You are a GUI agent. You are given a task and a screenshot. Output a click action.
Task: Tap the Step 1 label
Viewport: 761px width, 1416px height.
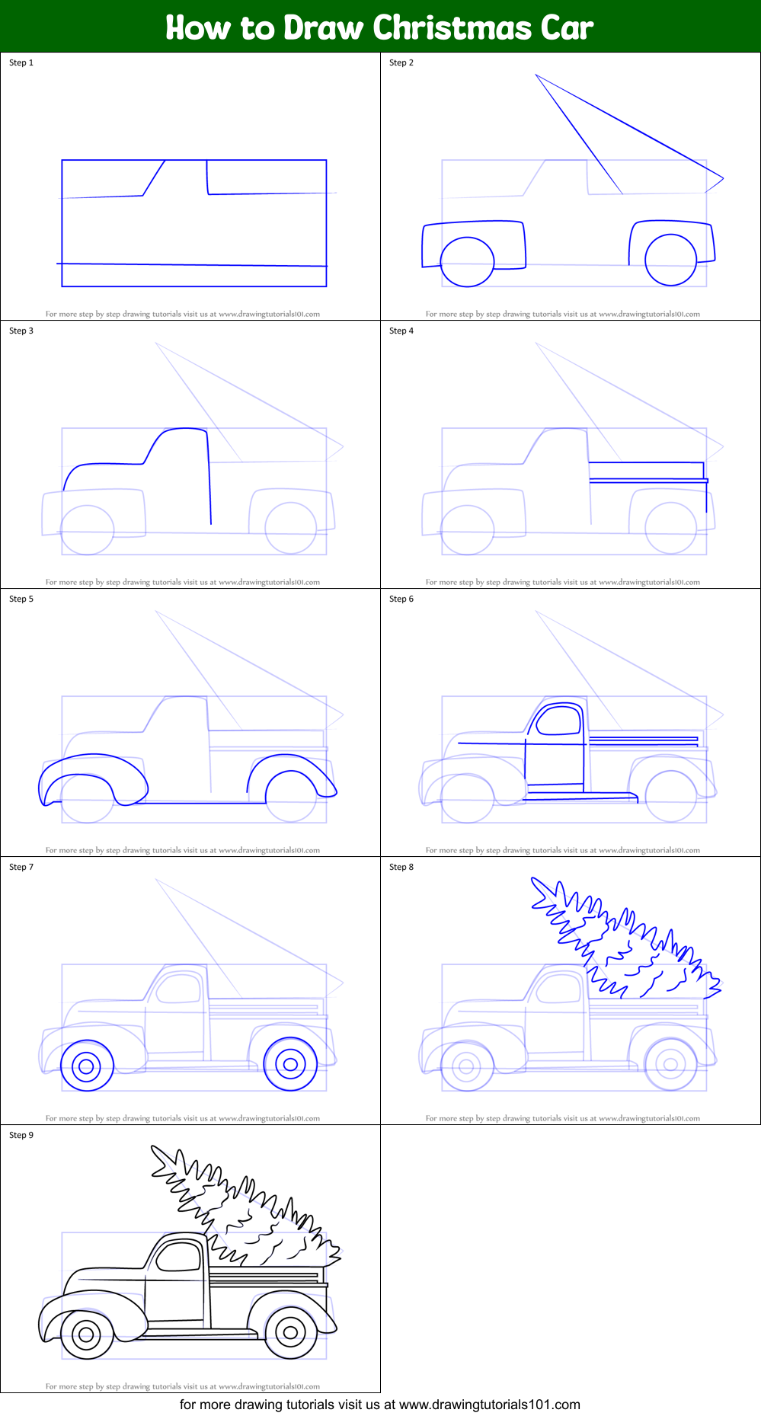point(21,62)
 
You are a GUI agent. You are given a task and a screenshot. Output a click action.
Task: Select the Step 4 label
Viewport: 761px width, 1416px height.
point(401,331)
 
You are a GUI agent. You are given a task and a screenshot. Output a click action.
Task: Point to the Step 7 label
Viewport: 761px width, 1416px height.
point(21,867)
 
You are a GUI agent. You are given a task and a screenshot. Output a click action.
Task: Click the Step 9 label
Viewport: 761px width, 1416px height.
point(21,1135)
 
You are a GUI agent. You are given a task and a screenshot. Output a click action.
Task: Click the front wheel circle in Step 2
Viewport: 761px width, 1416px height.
point(467,261)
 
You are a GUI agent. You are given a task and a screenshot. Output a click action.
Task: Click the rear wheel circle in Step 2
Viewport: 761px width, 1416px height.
point(670,260)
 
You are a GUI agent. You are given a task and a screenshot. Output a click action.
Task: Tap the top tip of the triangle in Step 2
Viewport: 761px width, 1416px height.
point(536,75)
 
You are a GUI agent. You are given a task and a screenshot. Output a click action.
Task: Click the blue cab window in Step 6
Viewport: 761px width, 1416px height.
point(560,721)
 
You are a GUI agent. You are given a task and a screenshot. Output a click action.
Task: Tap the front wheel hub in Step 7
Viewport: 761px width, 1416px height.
point(86,1066)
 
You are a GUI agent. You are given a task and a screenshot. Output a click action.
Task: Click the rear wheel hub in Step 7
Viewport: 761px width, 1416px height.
point(290,1064)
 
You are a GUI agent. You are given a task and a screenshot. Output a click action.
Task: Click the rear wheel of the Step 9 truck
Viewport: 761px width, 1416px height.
point(290,1332)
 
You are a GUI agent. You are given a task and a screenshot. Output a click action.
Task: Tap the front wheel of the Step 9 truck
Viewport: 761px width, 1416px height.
point(86,1334)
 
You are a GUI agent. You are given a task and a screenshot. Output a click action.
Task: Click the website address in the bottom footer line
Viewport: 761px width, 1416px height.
point(489,1405)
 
